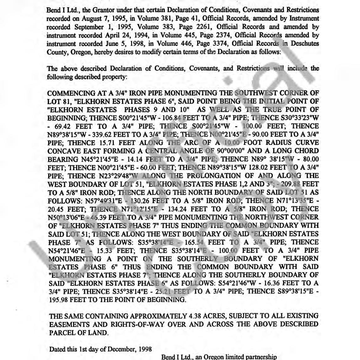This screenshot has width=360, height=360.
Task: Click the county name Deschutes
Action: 305,44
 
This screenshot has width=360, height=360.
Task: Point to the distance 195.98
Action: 59,299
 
